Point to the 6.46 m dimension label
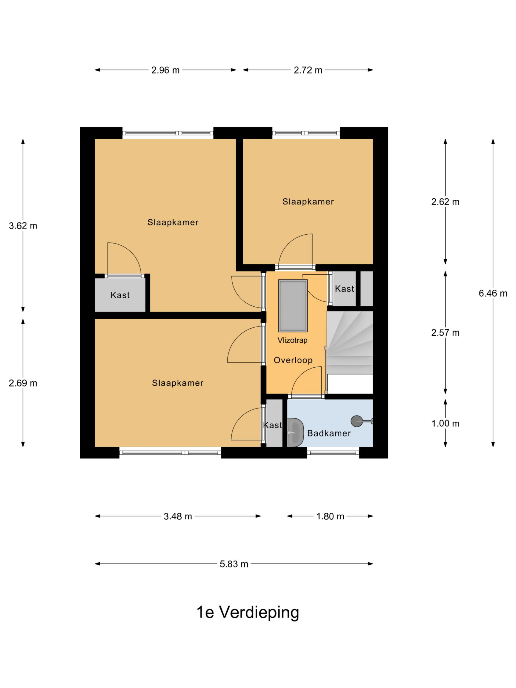click(x=493, y=293)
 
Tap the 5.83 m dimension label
click(x=234, y=564)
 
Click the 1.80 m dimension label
click(x=330, y=516)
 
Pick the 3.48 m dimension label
click(x=178, y=516)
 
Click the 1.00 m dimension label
click(x=445, y=423)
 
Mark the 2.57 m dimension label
click(x=445, y=333)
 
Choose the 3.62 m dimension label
click(x=23, y=226)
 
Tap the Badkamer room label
click(x=329, y=433)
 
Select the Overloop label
click(x=293, y=360)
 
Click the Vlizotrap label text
click(x=292, y=340)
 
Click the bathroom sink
click(x=294, y=433)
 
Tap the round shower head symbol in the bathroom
click(x=356, y=421)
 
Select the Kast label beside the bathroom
click(x=272, y=425)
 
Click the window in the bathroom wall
click(x=333, y=453)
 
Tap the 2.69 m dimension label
click(x=23, y=383)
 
